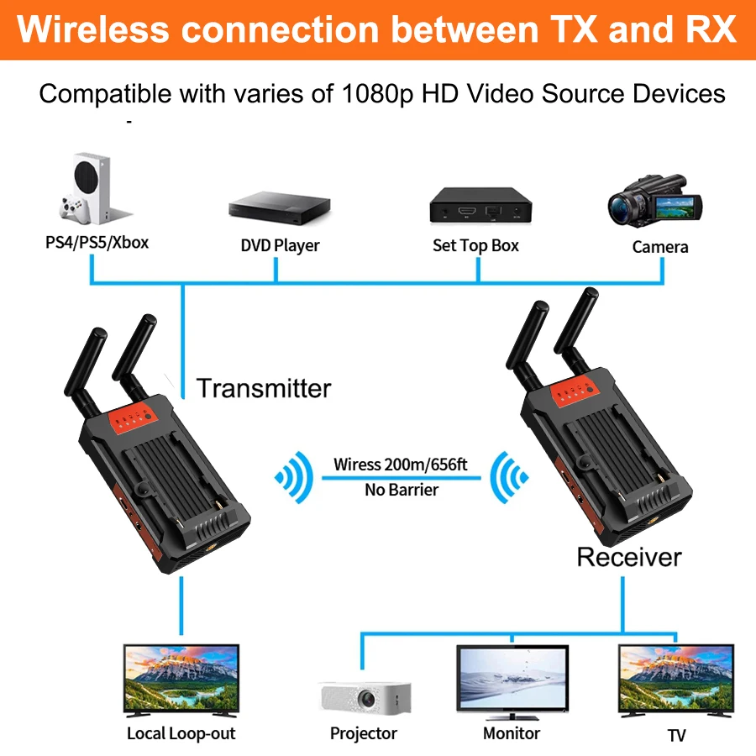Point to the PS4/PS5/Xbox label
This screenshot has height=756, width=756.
97,243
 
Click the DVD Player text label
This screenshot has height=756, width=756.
280,246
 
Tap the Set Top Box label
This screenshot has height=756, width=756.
475,245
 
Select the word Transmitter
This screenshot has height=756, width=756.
264,388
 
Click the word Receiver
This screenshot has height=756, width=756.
629,556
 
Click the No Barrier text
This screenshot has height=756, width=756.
402,490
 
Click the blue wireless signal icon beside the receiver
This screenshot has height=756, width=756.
507,478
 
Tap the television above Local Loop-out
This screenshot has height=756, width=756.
181,680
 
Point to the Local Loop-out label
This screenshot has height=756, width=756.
181,733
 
